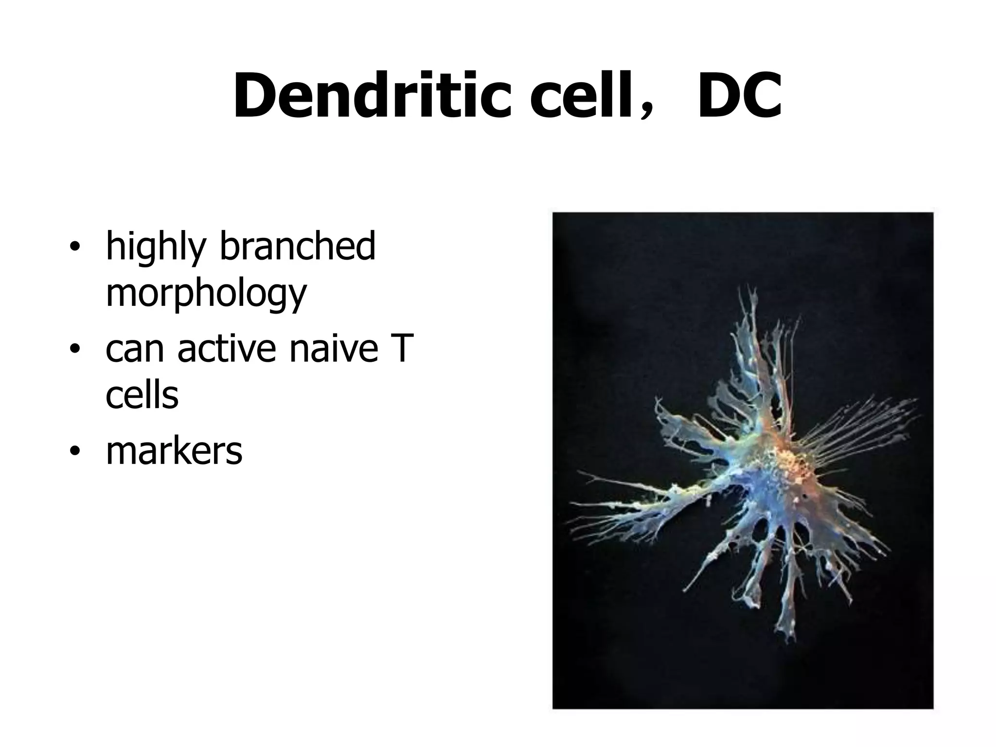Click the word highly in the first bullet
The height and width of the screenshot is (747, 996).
tap(156, 247)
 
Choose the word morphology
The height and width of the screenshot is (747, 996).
tap(206, 294)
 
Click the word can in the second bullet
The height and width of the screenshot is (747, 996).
tap(134, 349)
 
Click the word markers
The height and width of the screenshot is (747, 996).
tap(174, 451)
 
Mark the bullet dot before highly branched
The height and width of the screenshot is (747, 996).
tap(74, 247)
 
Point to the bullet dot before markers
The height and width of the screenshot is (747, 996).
tap(74, 452)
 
